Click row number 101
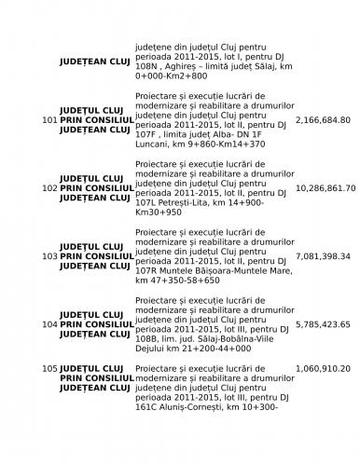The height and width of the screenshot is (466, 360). point(50,120)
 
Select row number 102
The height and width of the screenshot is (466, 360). point(50,187)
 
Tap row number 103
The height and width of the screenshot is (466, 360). point(50,255)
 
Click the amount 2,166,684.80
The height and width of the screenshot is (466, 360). point(323,120)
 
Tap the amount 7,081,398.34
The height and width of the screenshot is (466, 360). point(323,255)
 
